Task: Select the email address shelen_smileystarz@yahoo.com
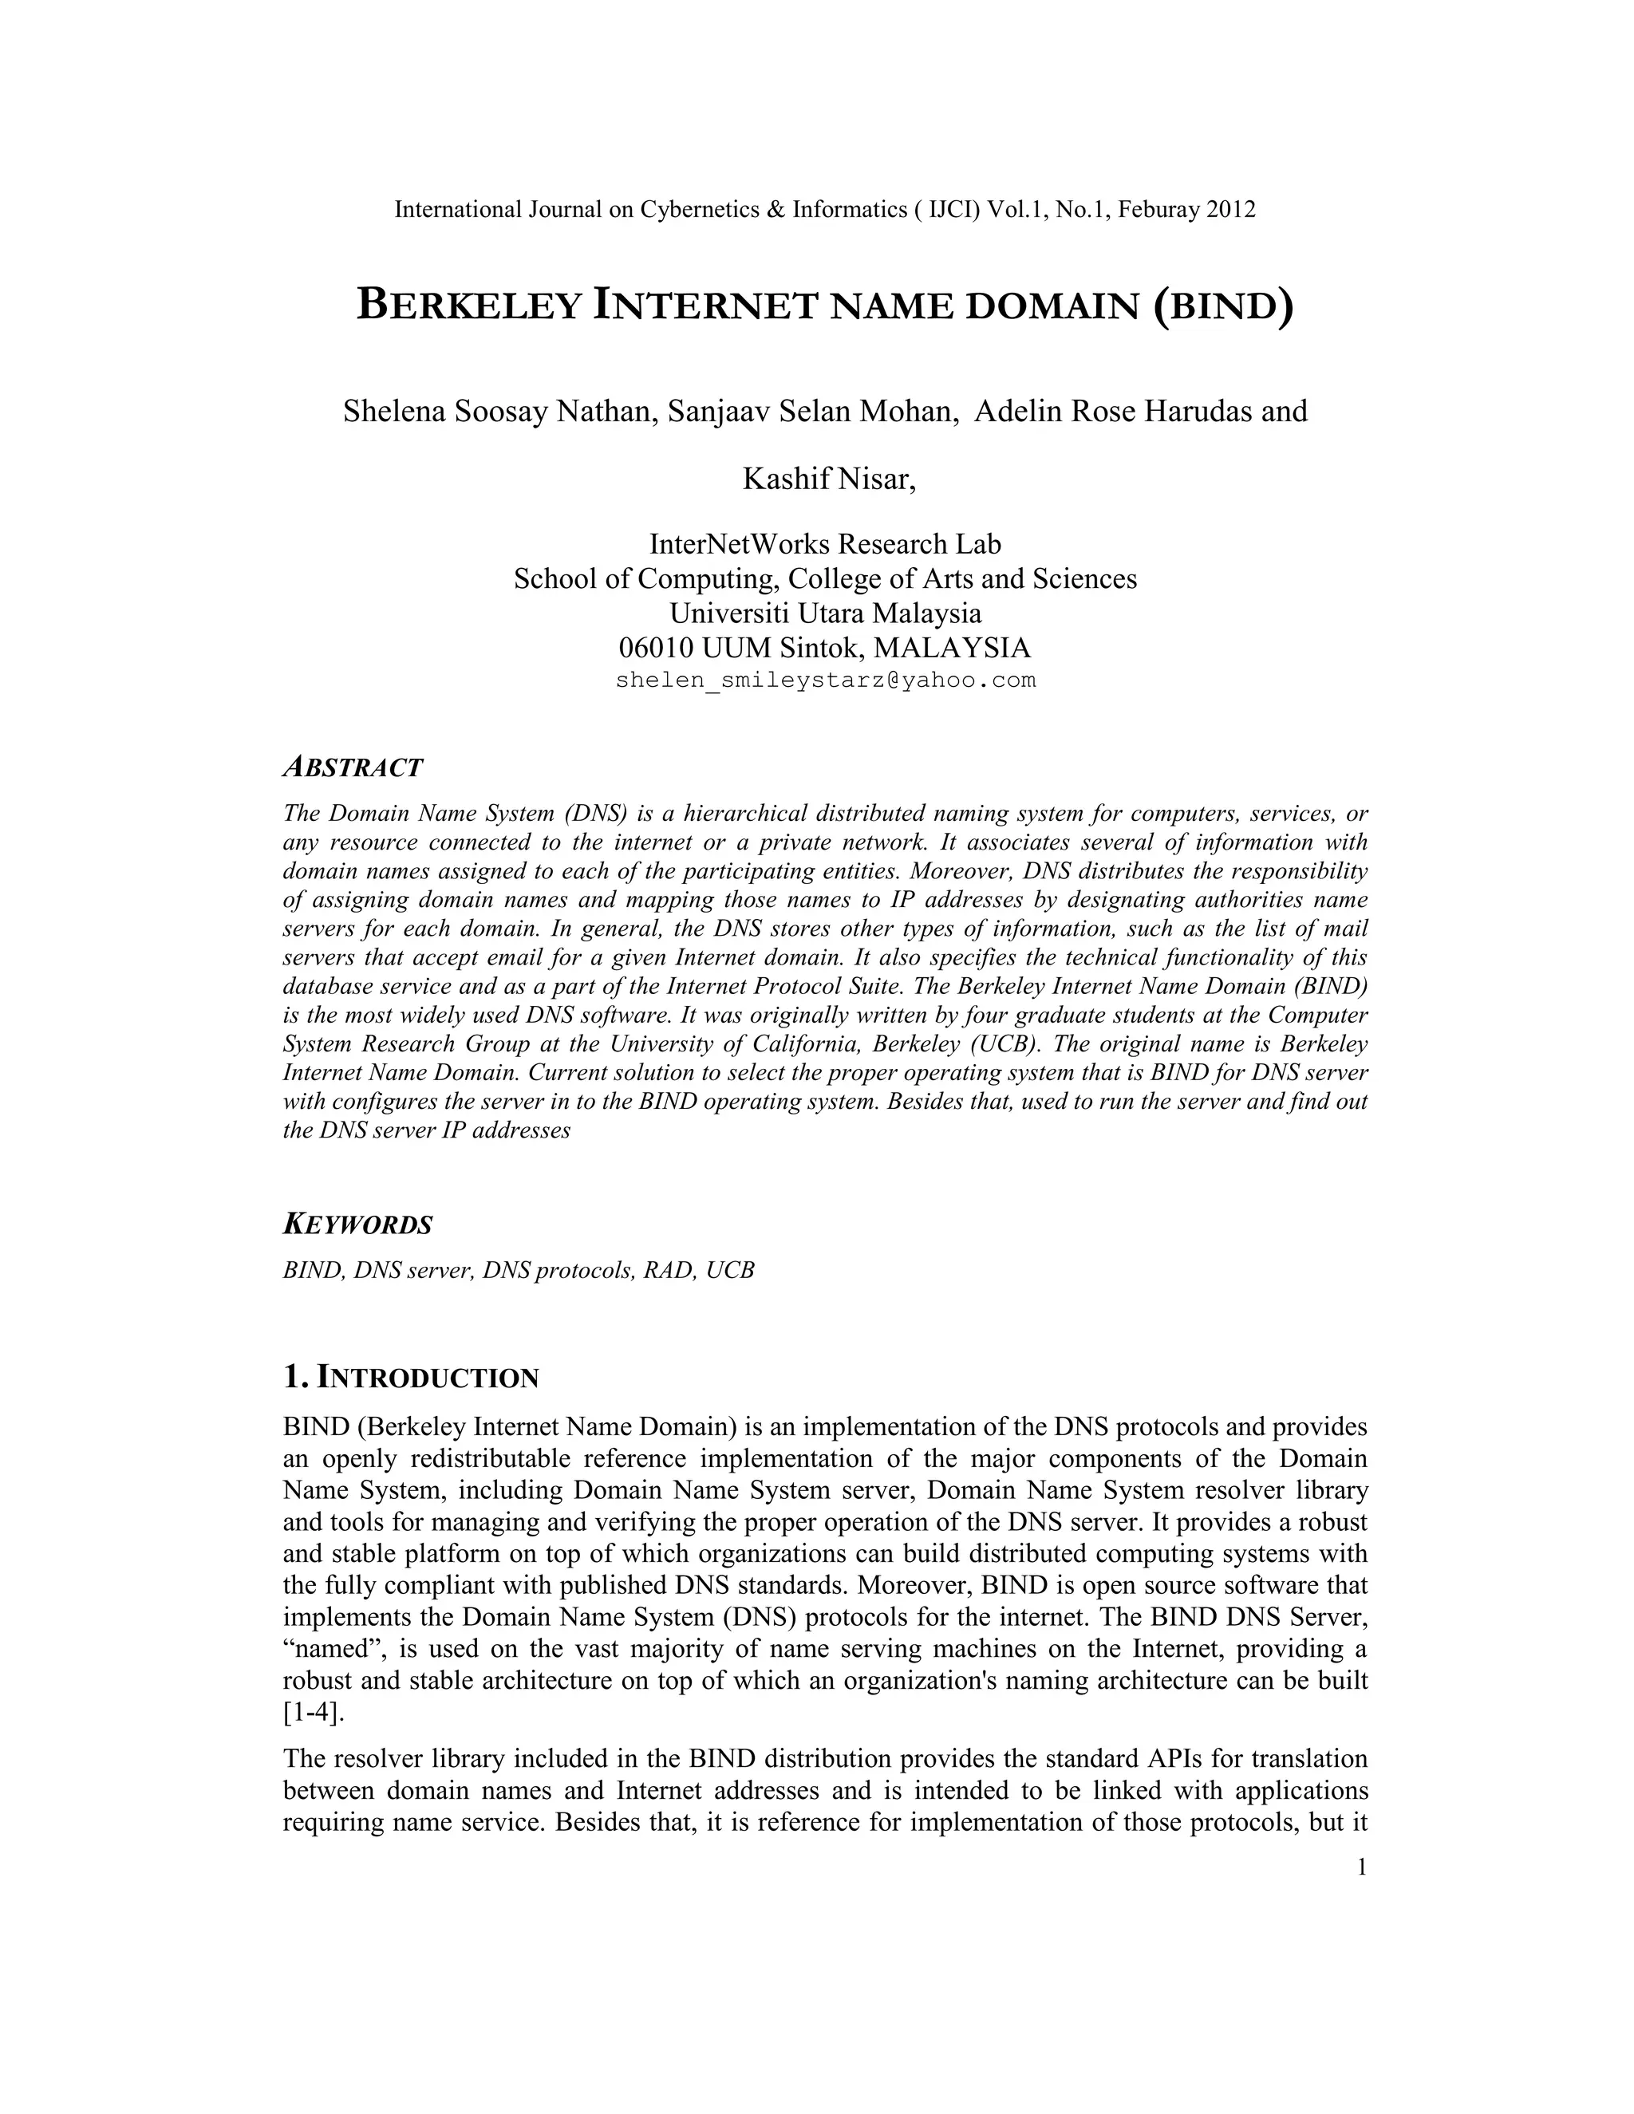826,680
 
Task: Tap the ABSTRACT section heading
353,767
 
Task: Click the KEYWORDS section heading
357,1225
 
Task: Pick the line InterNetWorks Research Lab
826,544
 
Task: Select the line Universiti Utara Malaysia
826,613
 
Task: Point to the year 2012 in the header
1231,209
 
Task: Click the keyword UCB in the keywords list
730,1270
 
